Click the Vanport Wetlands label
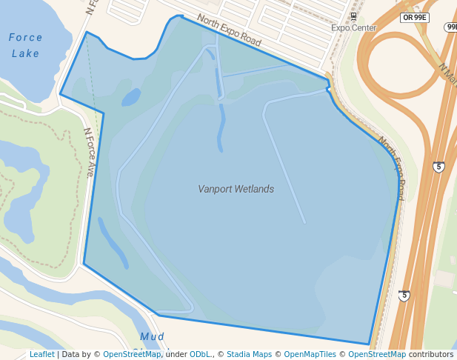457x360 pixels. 236,189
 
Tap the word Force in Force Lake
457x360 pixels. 26,37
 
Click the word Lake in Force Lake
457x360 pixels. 26,53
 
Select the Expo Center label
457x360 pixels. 353,28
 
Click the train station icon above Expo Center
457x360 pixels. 353,16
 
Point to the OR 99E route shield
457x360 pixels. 416,17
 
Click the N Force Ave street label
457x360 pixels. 89,153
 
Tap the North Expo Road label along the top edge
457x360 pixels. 228,30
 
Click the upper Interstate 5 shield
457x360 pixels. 438,167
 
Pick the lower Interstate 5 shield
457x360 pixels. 404,296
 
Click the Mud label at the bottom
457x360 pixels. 152,337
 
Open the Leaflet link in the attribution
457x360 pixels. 41,354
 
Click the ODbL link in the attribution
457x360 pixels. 200,354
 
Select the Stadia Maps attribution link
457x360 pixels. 249,354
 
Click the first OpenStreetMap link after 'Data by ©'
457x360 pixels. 131,354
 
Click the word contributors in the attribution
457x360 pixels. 430,354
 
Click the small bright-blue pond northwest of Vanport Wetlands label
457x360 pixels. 130,97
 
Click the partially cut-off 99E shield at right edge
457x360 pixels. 451,27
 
